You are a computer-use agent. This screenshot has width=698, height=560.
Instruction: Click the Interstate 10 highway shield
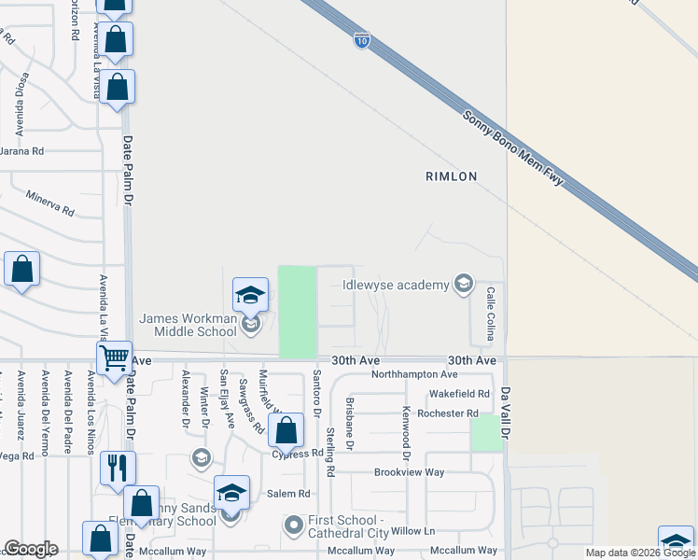360,40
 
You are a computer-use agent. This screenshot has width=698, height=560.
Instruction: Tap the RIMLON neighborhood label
451,176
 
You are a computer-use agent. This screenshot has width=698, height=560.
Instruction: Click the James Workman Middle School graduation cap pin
250,297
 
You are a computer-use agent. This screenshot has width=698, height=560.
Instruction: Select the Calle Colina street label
489,314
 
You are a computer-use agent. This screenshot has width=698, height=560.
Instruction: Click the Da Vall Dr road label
506,415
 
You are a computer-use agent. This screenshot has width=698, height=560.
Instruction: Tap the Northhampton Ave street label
414,374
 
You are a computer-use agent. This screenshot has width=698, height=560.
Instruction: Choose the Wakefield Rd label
459,394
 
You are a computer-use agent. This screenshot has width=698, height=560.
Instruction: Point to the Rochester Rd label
448,413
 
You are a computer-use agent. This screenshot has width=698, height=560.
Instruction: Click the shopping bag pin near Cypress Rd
286,432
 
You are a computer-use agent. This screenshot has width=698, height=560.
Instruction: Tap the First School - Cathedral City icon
294,525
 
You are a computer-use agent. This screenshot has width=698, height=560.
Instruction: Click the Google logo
31,549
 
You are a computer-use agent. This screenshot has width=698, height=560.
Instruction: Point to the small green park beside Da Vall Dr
485,433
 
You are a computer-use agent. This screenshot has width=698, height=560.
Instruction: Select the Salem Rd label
288,494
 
